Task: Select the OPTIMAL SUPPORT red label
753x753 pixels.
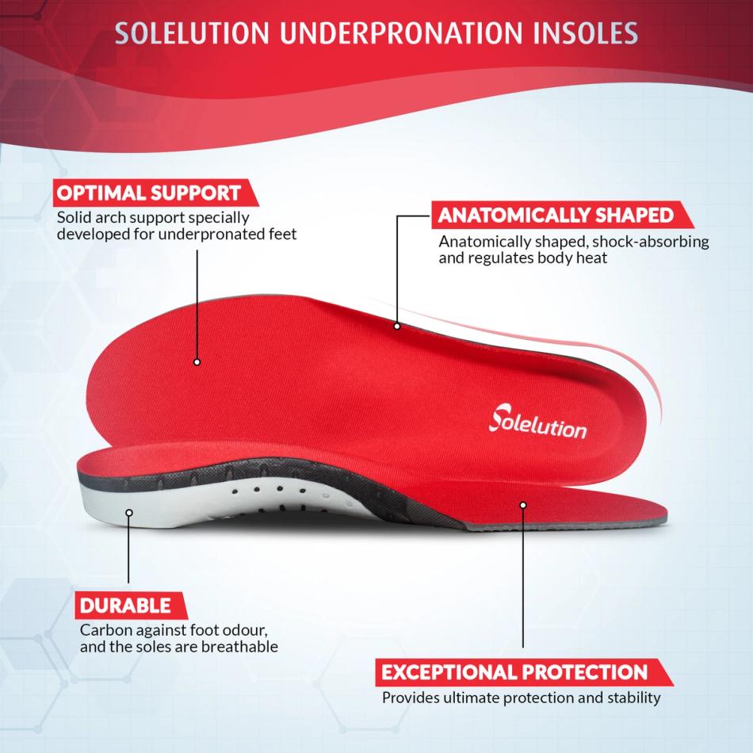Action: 147,193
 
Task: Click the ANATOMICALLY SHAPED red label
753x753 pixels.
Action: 556,215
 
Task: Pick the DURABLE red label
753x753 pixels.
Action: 125,606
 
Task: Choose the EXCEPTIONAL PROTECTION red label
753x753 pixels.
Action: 514,673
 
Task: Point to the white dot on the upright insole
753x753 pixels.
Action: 197,362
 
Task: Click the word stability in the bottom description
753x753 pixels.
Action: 633,698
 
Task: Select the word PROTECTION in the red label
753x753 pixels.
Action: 583,673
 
